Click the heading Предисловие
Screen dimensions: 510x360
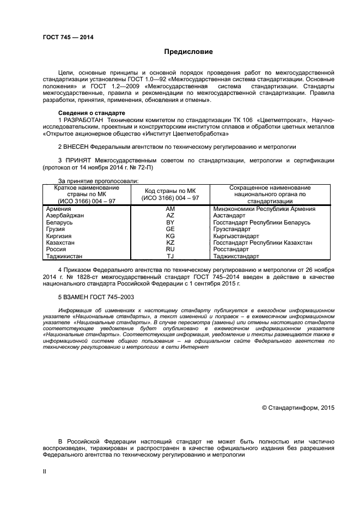(x=189, y=52)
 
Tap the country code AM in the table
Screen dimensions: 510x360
(x=170, y=209)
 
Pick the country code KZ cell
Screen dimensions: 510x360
(x=170, y=242)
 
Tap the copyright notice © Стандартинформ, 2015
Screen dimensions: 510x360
(x=298, y=407)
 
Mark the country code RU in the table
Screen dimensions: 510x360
(x=170, y=249)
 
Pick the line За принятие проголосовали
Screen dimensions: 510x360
(x=98, y=181)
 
